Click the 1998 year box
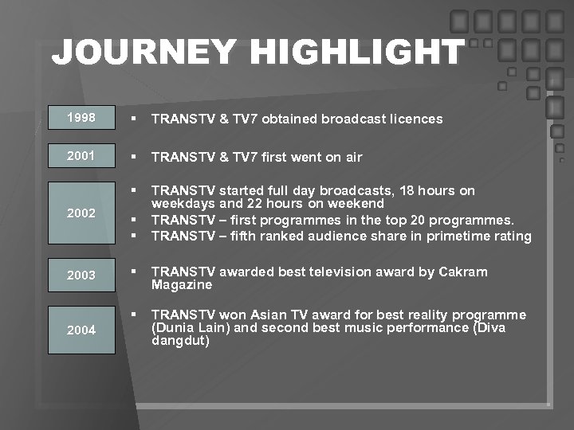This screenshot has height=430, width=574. pyautogui.click(x=82, y=118)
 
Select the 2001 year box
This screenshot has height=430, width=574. pyautogui.click(x=82, y=156)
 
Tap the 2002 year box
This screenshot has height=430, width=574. pyautogui.click(x=82, y=213)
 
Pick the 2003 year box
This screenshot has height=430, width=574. pyautogui.click(x=82, y=275)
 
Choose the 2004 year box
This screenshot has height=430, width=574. pyautogui.click(x=82, y=330)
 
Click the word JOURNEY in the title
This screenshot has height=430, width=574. pyautogui.click(x=143, y=53)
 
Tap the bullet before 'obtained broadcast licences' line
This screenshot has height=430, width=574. pyautogui.click(x=136, y=119)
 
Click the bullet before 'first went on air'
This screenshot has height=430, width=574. pyautogui.click(x=136, y=157)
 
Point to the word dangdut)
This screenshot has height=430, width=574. pyautogui.click(x=180, y=340)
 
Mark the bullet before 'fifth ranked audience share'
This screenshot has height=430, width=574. pyautogui.click(x=136, y=236)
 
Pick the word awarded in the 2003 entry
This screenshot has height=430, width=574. pyautogui.click(x=259, y=272)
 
